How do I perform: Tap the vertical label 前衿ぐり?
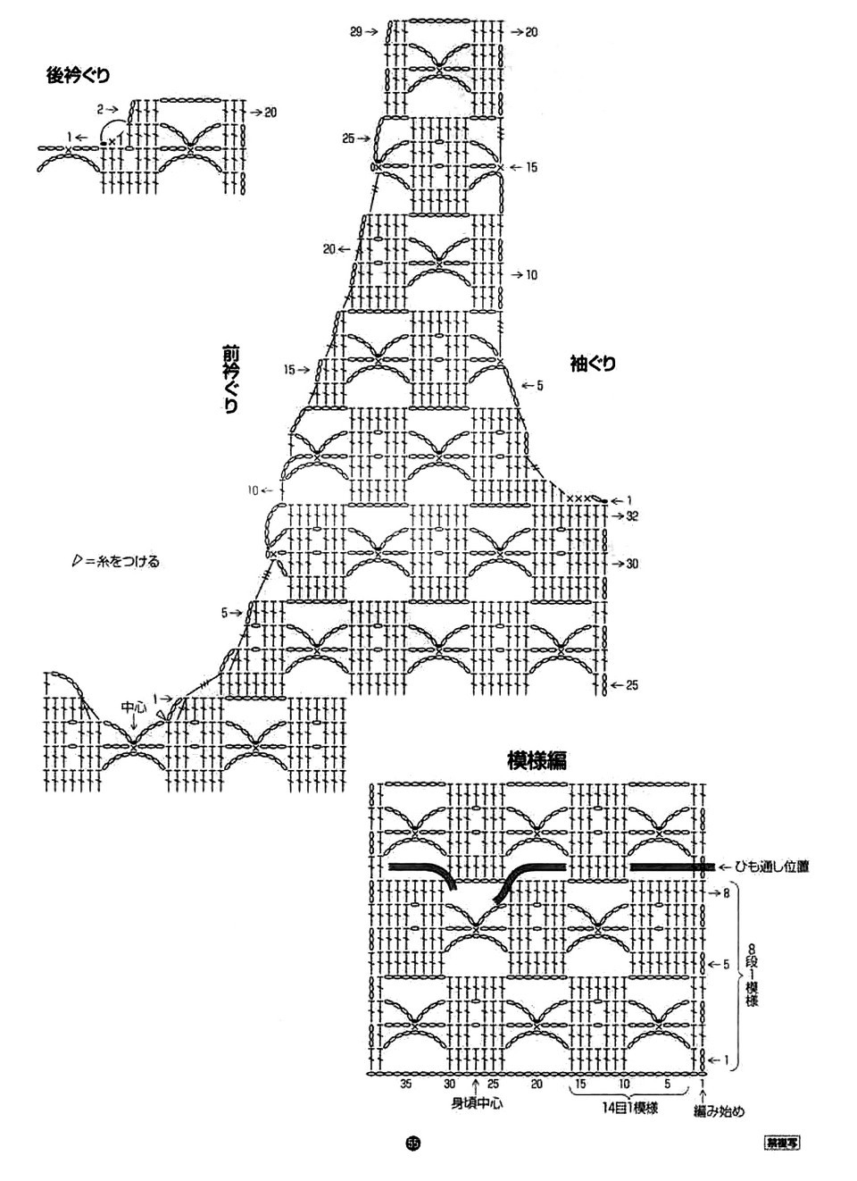(x=230, y=379)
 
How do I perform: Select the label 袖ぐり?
(x=593, y=364)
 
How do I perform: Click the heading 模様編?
(x=537, y=760)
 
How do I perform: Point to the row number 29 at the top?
(x=356, y=32)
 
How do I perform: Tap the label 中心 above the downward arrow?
(x=134, y=707)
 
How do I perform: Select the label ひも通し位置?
(x=772, y=867)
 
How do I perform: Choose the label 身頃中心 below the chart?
(x=476, y=1103)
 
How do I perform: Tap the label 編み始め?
(x=719, y=1112)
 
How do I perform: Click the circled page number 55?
(x=412, y=1143)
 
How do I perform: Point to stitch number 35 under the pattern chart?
(x=407, y=1084)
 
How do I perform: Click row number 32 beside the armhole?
(x=632, y=516)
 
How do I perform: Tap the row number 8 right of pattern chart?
(x=727, y=892)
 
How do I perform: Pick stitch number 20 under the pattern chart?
(x=537, y=1084)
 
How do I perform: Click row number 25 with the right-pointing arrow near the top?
(x=349, y=138)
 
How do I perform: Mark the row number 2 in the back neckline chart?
(x=101, y=109)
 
